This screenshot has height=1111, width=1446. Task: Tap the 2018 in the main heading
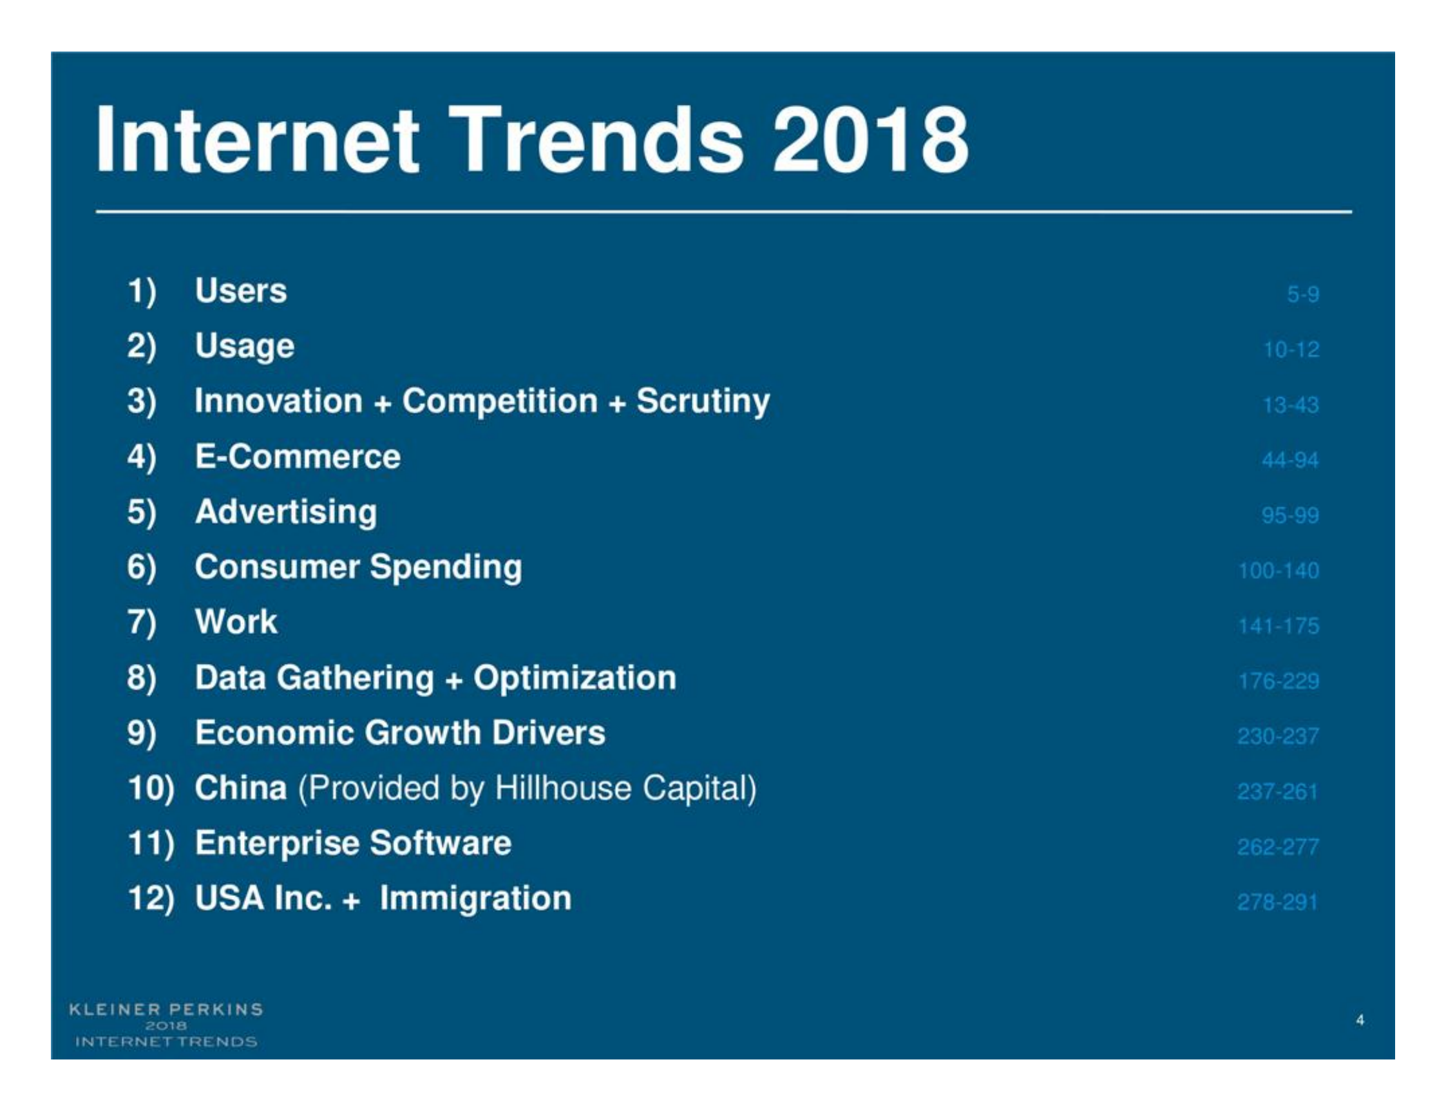870,140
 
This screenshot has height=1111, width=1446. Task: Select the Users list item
241,291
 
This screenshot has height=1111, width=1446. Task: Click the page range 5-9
1302,294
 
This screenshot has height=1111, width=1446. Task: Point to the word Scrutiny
703,401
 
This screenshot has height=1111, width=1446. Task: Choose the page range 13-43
1290,404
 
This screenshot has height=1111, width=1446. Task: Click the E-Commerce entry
298,457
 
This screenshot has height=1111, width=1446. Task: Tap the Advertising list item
285,513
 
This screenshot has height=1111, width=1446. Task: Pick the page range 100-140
1278,571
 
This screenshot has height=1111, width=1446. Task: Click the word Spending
446,567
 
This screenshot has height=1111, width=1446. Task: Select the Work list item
236,622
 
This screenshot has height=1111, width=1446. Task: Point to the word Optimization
575,678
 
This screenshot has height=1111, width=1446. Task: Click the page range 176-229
1278,681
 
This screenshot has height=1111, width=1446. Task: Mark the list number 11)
151,844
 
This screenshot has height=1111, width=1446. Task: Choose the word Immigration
475,898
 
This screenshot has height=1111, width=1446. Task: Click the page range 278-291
1277,902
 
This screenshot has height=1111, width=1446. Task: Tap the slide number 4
1360,1020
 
